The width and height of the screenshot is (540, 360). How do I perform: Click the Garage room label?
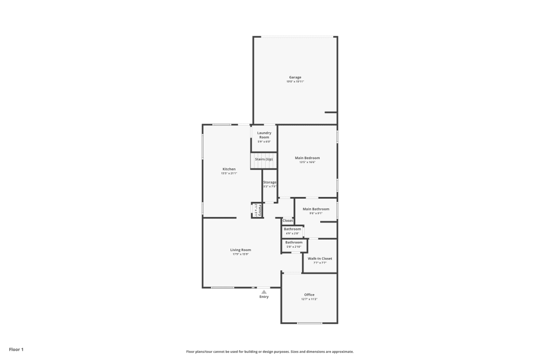[295, 77]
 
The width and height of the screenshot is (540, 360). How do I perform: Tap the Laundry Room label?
[264, 135]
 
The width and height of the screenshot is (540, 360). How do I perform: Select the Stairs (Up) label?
[264, 159]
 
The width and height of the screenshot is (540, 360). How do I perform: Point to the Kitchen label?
[229, 169]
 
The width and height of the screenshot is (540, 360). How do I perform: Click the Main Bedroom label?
[307, 158]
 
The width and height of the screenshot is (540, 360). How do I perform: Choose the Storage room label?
[270, 182]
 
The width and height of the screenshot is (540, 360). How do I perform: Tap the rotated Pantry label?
[260, 210]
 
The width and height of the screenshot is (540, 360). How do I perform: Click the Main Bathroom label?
[316, 209]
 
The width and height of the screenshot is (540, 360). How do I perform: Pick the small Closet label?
[288, 221]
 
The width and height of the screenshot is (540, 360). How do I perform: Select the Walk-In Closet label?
[320, 259]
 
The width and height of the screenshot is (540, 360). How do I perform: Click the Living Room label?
[241, 250]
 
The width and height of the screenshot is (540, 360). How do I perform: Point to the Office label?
[309, 295]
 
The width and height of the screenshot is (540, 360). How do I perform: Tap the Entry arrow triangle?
[264, 292]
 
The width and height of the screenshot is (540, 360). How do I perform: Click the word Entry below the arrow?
[264, 297]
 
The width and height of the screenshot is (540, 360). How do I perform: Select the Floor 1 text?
[16, 350]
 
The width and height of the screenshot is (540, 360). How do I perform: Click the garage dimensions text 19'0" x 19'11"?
[295, 81]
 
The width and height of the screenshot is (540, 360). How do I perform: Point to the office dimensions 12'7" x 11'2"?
[309, 299]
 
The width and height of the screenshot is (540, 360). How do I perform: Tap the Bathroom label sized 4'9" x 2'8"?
[293, 229]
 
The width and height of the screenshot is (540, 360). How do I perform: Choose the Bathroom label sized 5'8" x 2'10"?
[294, 242]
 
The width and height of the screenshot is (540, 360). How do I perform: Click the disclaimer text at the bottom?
[270, 351]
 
